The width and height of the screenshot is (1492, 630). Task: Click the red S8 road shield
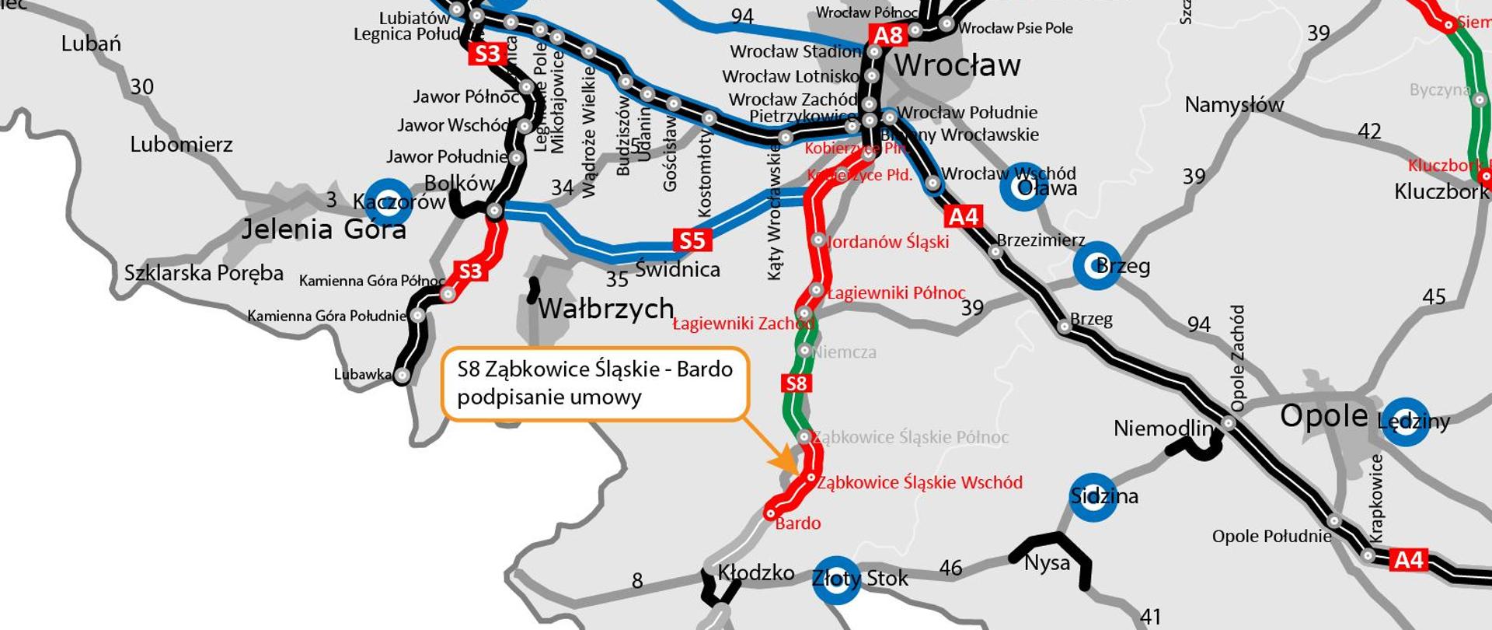(x=797, y=383)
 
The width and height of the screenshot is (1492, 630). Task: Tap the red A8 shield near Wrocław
(x=888, y=35)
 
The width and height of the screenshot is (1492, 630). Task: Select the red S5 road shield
(x=691, y=240)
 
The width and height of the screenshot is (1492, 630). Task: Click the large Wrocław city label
(x=957, y=65)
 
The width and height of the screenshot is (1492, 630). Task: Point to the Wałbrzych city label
(x=605, y=309)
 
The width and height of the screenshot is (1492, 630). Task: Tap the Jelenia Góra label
(x=323, y=229)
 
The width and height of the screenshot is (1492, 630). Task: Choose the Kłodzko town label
(x=755, y=573)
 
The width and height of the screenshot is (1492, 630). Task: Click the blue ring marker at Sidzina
(x=1093, y=496)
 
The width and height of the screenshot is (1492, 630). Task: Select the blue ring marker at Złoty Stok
(x=836, y=579)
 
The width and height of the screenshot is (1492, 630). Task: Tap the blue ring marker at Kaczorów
(x=389, y=201)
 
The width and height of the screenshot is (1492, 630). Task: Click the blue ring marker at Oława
(x=1023, y=187)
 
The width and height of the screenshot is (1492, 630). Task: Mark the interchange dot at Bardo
(x=770, y=513)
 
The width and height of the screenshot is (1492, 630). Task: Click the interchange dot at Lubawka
(x=402, y=376)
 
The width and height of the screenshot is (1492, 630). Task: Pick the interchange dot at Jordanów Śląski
(x=817, y=240)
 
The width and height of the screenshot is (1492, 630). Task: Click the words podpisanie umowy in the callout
(x=549, y=397)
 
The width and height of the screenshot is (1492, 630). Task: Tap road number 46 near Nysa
(x=950, y=568)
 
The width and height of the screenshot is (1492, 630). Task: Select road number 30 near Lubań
(x=141, y=86)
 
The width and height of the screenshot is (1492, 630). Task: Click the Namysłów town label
(x=1234, y=105)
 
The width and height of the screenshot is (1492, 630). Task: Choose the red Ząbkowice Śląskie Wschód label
(x=919, y=483)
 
